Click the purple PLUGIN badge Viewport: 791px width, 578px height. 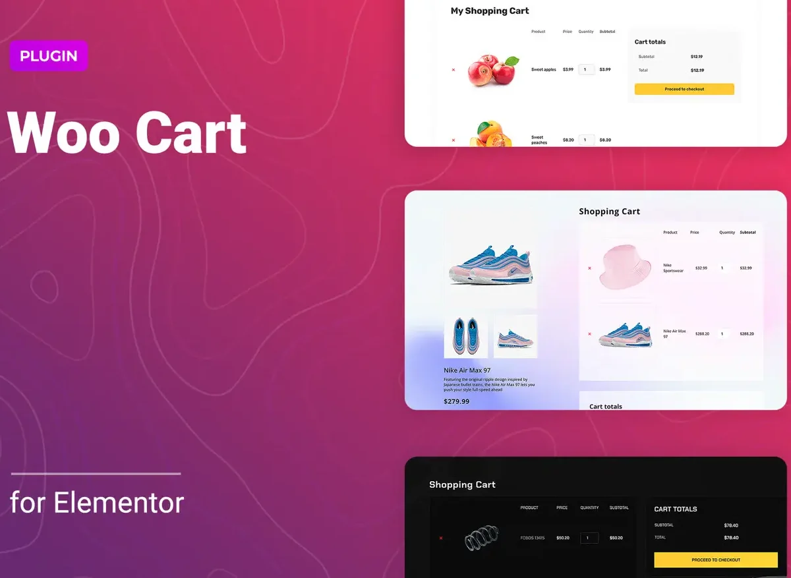coord(48,56)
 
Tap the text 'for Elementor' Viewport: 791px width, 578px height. coord(97,503)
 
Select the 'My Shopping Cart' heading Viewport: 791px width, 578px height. coord(490,11)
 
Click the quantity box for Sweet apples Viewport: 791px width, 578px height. coord(586,69)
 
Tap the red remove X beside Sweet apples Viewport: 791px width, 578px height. coord(454,69)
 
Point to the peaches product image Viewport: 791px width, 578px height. coord(491,134)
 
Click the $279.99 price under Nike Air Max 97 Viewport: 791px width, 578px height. coord(457,401)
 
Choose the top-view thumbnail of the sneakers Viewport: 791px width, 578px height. coord(465,337)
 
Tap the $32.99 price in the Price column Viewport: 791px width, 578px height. coord(701,268)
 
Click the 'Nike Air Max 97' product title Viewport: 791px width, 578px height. coord(467,370)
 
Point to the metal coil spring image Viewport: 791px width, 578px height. coord(481,538)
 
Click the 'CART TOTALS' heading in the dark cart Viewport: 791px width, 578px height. coord(675,509)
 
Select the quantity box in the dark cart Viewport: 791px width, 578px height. coord(589,538)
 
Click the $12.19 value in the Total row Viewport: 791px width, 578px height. coord(697,71)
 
